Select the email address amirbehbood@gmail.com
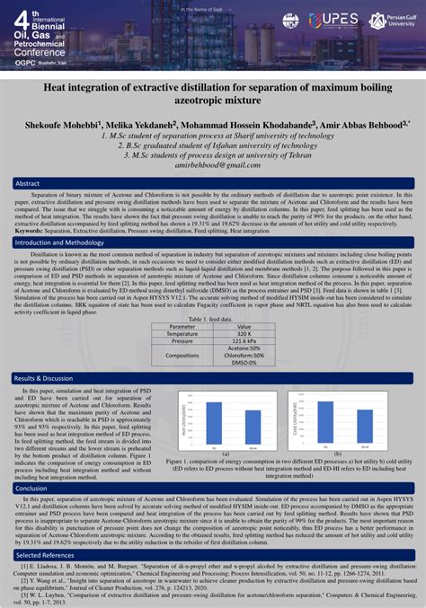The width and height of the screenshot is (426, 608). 213,166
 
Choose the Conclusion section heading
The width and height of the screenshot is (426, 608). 33,489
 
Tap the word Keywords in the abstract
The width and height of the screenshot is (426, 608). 32,231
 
